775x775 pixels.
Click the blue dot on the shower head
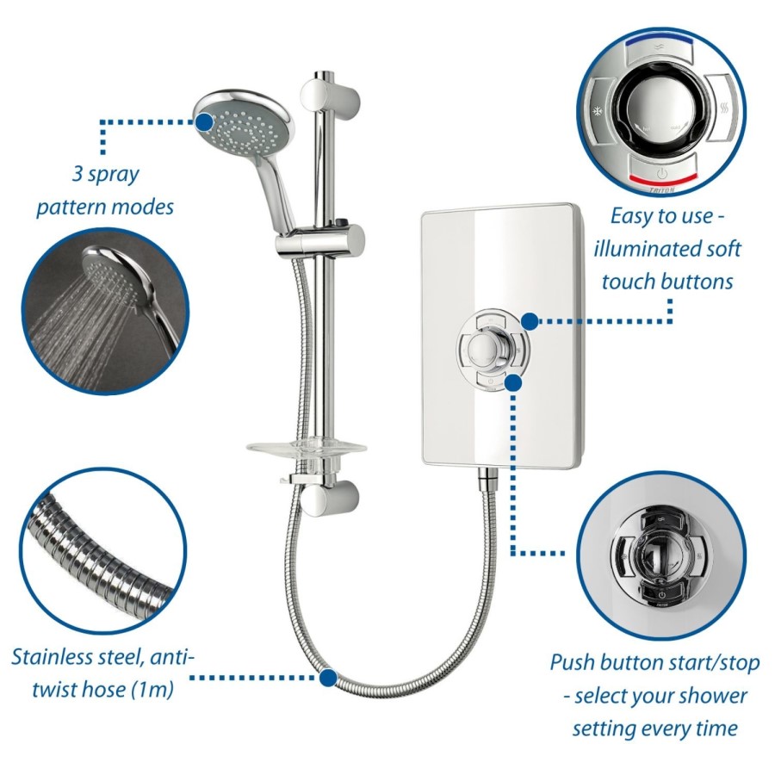pos(204,121)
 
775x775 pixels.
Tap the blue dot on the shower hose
pos(328,677)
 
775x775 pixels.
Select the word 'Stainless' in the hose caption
pos(56,657)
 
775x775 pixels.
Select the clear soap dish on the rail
pos(307,449)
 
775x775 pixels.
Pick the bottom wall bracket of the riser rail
pos(330,496)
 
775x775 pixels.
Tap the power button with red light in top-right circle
pos(663,171)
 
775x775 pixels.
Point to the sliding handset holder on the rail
pos(320,242)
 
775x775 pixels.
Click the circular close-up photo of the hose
pos(102,552)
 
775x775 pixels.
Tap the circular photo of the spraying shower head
pos(106,311)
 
